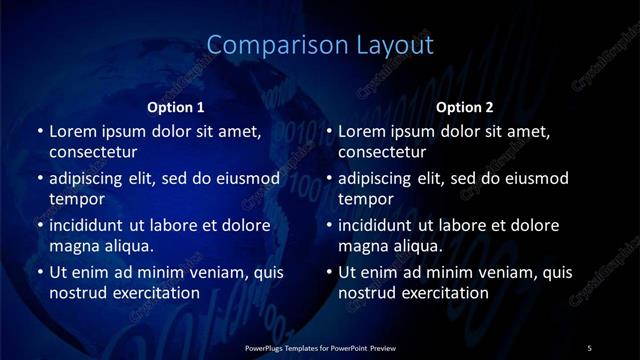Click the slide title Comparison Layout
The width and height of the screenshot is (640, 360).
click(x=320, y=45)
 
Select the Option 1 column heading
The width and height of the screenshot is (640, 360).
click(x=176, y=107)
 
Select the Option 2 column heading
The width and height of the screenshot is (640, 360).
click(x=465, y=107)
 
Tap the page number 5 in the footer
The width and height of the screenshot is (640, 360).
click(x=589, y=347)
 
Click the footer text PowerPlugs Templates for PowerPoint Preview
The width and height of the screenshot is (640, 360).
click(x=320, y=347)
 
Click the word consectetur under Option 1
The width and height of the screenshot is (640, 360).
click(x=93, y=152)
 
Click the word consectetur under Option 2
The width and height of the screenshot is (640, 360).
click(x=382, y=152)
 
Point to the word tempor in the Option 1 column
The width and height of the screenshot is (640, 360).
click(x=77, y=199)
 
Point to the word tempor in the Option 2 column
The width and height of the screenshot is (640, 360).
click(x=367, y=199)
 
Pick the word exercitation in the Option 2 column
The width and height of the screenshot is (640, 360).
click(x=445, y=293)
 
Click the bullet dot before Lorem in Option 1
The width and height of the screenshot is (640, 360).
click(x=39, y=131)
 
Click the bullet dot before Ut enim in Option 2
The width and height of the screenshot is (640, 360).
click(x=329, y=273)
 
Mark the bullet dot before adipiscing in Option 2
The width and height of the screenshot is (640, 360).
click(x=329, y=179)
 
